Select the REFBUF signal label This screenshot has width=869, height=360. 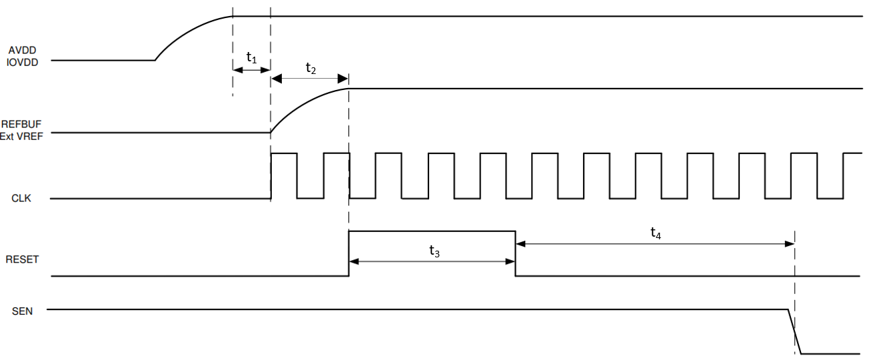coord(21,123)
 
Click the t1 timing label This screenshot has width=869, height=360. coord(251,57)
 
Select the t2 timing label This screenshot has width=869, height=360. coord(311,67)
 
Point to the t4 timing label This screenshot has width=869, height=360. coord(656,232)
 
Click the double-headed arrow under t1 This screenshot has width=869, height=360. coord(251,69)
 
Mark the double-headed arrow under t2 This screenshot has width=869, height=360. coord(310,79)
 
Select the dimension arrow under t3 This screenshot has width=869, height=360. coord(432,262)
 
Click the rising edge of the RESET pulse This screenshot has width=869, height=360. coord(349,253)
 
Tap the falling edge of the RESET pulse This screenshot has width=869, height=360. coord(515,253)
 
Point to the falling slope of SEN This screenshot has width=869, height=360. coord(794,331)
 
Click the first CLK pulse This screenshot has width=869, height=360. coord(284,175)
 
